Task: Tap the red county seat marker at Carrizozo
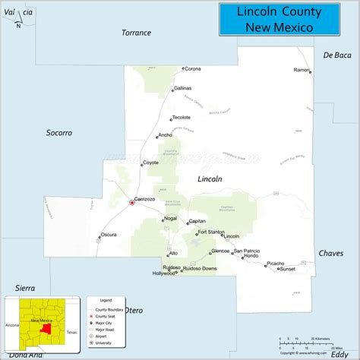coord(132,202)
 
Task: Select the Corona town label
coord(193,69)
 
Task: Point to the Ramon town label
coord(302,70)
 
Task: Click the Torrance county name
coord(137,33)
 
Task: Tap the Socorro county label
coord(58,133)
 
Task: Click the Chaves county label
coord(330,253)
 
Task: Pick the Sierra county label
coord(25,288)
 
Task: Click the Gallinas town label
coord(182,89)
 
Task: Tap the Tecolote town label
coord(181,118)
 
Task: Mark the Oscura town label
coord(109,235)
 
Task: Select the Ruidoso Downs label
coord(200,269)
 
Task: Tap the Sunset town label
coord(287,269)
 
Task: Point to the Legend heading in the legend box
coord(106,300)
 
